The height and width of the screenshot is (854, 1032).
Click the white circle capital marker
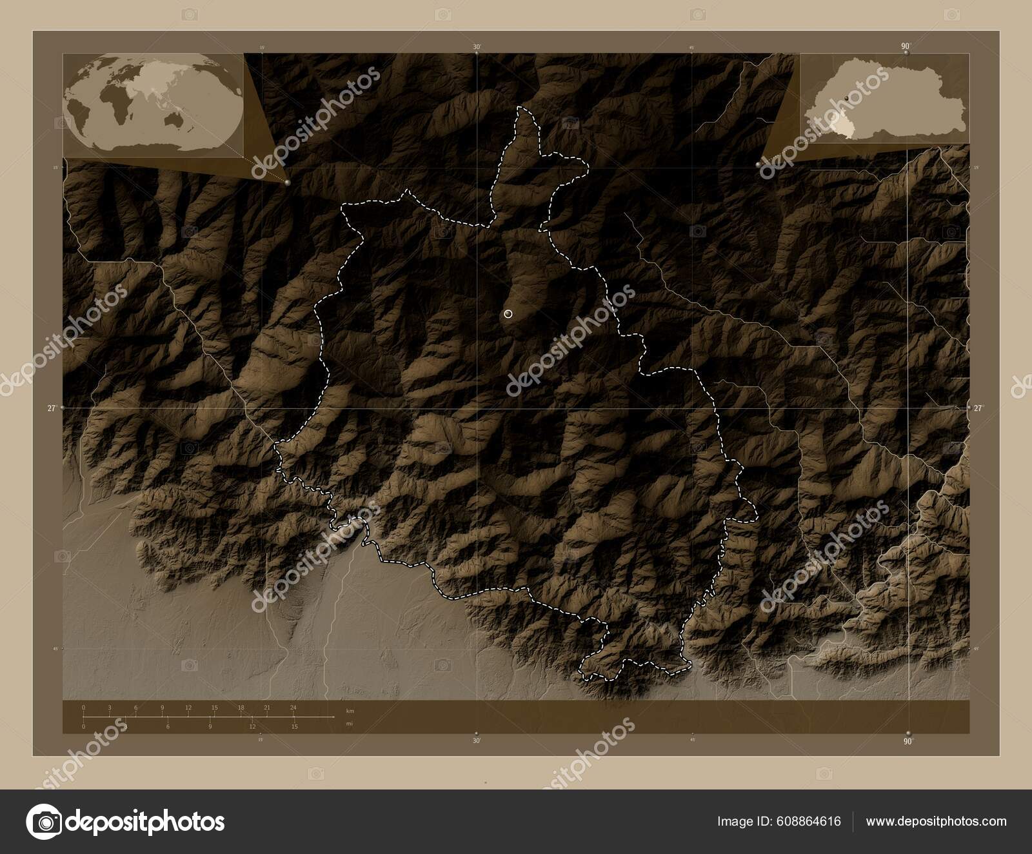[x=508, y=314]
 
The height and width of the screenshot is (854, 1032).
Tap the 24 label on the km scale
[x=293, y=708]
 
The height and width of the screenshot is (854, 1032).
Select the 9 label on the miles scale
[x=210, y=726]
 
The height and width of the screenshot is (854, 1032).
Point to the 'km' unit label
[x=350, y=711]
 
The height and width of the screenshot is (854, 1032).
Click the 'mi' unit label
[x=349, y=724]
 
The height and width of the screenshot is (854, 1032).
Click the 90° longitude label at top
[x=906, y=46]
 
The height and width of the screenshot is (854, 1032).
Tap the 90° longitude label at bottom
[x=908, y=741]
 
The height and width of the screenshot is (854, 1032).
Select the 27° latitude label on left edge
[x=52, y=408]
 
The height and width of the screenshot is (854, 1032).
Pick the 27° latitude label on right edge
[x=978, y=408]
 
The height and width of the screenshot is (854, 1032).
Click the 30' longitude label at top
[x=476, y=46]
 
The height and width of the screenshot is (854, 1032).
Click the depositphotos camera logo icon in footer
[x=43, y=822]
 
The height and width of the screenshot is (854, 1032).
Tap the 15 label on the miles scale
[x=294, y=726]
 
